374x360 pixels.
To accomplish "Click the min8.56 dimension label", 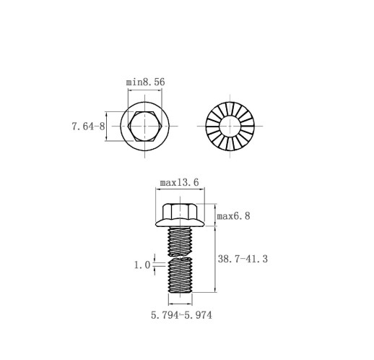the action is pos(145,82).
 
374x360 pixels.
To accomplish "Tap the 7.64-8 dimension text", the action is pos(88,127).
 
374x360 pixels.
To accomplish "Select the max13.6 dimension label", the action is pos(180,182).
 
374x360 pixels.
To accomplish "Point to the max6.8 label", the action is pos(233,216).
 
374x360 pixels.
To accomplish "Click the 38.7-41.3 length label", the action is pos(243,259).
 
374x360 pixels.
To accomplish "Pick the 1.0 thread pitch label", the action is pos(142,265).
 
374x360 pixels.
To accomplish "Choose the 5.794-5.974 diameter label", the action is pos(181,315).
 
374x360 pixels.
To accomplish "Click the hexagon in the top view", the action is pos(144,127).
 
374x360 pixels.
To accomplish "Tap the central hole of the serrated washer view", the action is pos(230,126).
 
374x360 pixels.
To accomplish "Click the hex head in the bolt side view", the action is pos(180,212).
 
